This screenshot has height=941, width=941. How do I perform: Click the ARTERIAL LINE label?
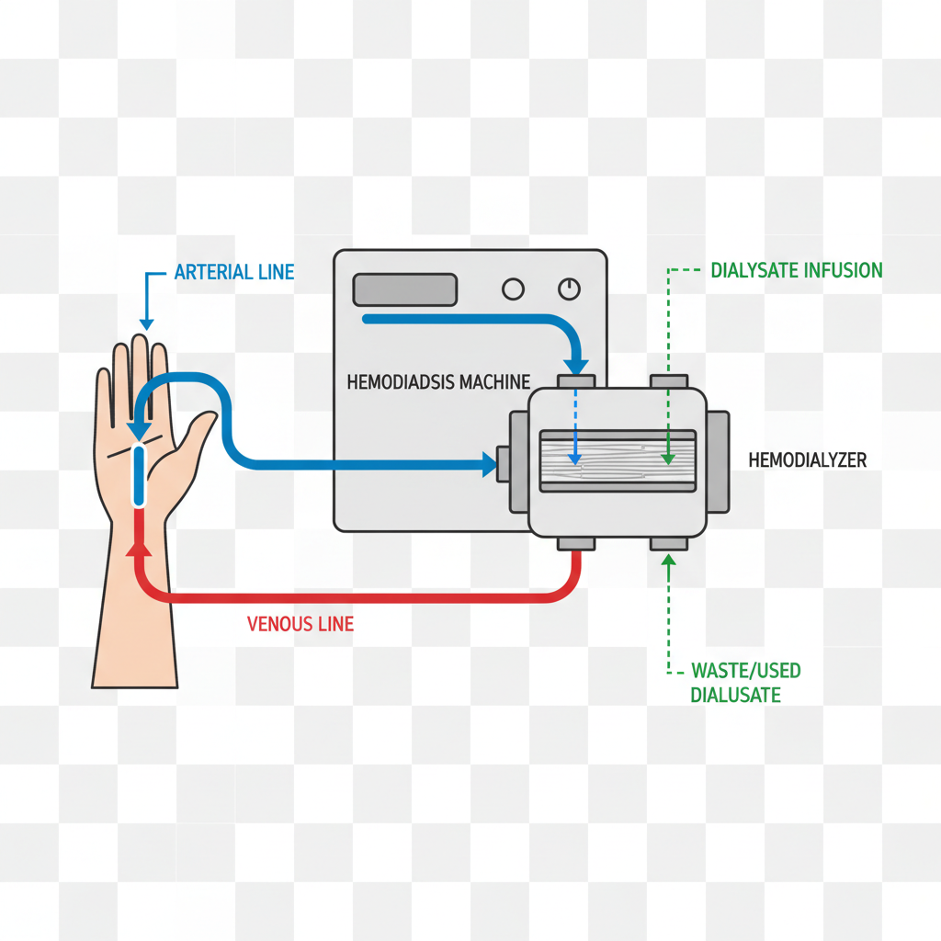click(233, 272)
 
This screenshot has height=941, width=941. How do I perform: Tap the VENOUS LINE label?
click(300, 625)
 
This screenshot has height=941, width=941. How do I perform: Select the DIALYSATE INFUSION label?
click(797, 270)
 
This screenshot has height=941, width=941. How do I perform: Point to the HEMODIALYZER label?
click(808, 460)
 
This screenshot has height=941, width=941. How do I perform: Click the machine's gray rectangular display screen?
click(405, 289)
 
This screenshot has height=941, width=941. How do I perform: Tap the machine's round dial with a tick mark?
click(570, 289)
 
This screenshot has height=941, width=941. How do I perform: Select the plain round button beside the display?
click(513, 289)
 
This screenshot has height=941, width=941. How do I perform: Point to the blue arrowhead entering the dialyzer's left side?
click(488, 464)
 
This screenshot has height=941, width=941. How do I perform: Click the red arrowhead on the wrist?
click(140, 550)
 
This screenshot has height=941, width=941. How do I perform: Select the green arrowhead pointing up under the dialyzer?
click(668, 560)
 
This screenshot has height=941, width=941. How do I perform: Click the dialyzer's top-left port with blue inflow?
click(575, 380)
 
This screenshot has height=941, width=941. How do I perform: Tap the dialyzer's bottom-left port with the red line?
click(575, 545)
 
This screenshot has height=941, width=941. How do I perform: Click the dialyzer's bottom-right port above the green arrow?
click(668, 545)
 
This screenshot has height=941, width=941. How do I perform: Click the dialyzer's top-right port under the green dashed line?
click(668, 380)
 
